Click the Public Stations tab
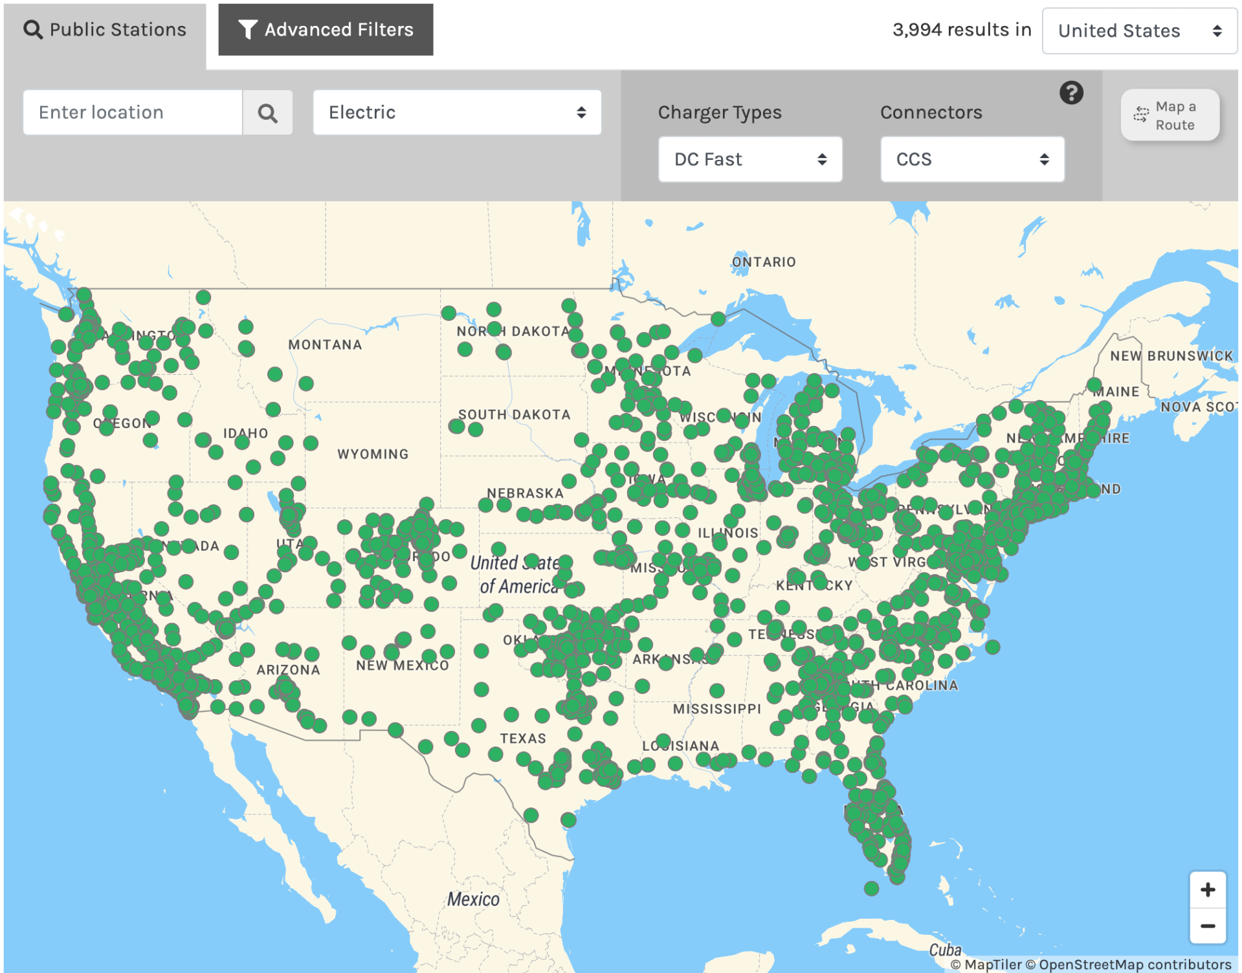(x=105, y=30)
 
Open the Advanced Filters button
(x=326, y=30)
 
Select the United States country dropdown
(x=1138, y=30)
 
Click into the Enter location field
(x=133, y=113)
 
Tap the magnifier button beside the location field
(x=267, y=113)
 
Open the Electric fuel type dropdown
(x=457, y=113)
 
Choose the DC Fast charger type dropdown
(x=749, y=159)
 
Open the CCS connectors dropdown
(x=971, y=159)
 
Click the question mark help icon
(x=1070, y=93)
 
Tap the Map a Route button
(x=1170, y=115)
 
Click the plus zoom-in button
(x=1207, y=889)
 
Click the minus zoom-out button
(x=1207, y=926)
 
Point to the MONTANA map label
(x=325, y=344)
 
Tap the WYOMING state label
(x=373, y=454)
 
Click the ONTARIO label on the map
(x=764, y=262)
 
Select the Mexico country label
(x=473, y=899)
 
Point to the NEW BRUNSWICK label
(x=1171, y=355)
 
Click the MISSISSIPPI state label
(x=716, y=709)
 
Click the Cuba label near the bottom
(x=945, y=950)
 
